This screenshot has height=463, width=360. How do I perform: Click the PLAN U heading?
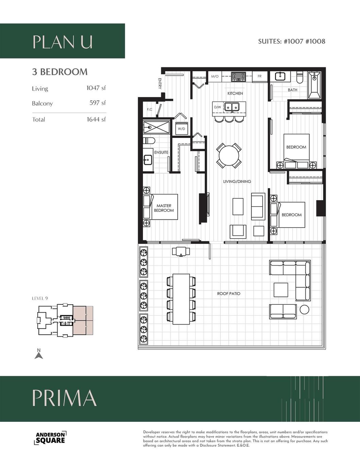pos(62,42)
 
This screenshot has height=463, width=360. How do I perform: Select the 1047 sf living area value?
pos(96,88)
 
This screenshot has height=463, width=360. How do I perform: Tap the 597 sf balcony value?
pos(97,103)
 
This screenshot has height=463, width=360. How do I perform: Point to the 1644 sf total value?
pos(96,119)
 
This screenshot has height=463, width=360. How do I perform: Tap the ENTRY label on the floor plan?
pos(160,84)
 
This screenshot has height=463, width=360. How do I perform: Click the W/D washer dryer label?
pos(181,129)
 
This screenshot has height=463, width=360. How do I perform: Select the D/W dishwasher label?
pos(217,107)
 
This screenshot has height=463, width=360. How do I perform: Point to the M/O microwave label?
pos(215,77)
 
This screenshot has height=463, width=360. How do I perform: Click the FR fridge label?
pos(259,77)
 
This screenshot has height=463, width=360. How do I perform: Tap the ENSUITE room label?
pos(161,153)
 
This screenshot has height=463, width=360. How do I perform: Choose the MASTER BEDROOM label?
pos(164,208)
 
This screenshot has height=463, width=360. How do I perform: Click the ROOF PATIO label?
pos(229,293)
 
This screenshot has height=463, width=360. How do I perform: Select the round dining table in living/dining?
pos(229,156)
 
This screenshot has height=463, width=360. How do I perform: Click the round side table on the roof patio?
pos(304,309)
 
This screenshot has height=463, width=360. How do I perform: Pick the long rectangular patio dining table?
pos(181,299)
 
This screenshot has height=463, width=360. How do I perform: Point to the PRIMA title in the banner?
pos(64,398)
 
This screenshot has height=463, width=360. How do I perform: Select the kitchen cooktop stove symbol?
pos(239,77)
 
